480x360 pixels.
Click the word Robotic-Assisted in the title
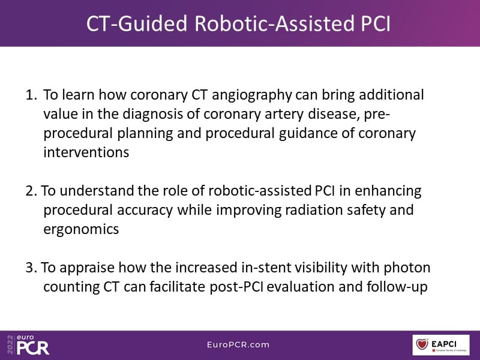274,23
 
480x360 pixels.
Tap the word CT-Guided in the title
137,23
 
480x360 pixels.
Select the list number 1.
31,95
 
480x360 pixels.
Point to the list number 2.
31,190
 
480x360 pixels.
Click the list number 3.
31,267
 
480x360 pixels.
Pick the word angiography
251,96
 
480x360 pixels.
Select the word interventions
86,152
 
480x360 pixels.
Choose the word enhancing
388,191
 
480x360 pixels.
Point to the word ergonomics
81,230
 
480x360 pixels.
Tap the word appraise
87,268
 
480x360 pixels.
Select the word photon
407,268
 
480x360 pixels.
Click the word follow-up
397,287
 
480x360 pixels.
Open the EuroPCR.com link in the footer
238,344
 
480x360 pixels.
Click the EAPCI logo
441,344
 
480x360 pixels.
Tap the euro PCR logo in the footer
33,344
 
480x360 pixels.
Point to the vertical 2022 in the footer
10,344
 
